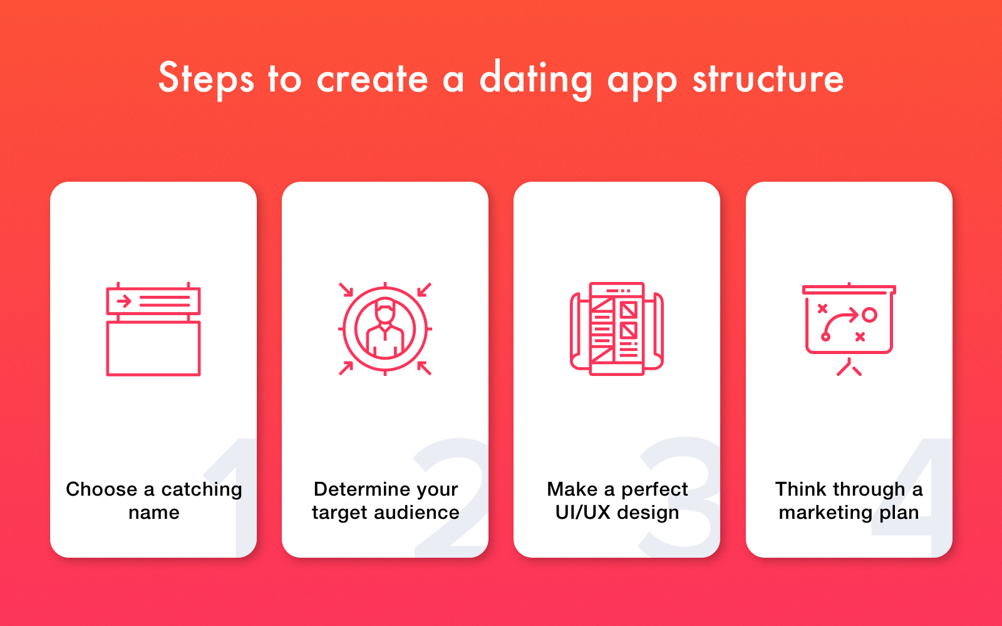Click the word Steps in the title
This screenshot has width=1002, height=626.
point(205,79)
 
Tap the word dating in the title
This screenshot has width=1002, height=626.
point(535,79)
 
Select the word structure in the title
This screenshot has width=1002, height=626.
point(768,79)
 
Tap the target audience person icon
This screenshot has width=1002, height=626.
point(385,329)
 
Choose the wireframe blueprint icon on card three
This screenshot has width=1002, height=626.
point(617,329)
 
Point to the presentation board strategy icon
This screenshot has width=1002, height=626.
point(849,328)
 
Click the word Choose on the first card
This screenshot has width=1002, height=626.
point(101,489)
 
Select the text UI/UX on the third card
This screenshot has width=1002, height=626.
point(582,513)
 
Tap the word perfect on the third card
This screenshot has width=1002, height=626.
point(654,489)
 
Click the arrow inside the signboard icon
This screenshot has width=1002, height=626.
point(124,301)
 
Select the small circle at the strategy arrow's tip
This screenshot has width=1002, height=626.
point(869,315)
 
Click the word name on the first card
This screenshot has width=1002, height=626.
point(154,513)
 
